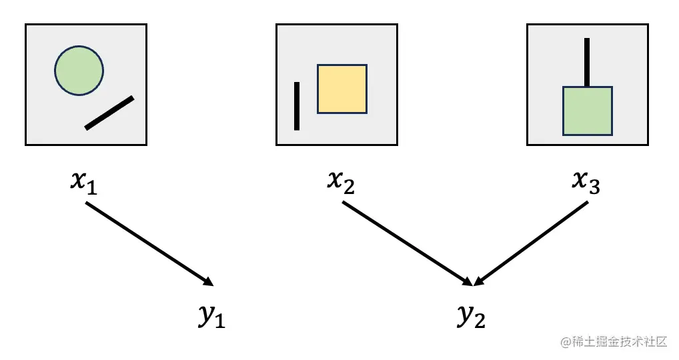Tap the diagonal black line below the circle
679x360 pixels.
click(x=109, y=113)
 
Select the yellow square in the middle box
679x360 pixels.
click(x=342, y=89)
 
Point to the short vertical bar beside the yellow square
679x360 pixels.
click(x=297, y=105)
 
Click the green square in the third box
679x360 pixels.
click(x=587, y=112)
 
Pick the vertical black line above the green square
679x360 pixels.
click(x=587, y=62)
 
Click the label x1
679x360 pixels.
click(x=84, y=181)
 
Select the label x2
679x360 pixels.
click(x=340, y=181)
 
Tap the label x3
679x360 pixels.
click(x=586, y=181)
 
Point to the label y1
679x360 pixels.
click(x=211, y=316)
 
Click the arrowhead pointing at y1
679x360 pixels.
click(x=207, y=281)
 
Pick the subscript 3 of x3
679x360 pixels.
click(x=594, y=187)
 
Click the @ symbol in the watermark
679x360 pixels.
click(x=566, y=342)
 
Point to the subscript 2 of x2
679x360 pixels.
click(x=349, y=187)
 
